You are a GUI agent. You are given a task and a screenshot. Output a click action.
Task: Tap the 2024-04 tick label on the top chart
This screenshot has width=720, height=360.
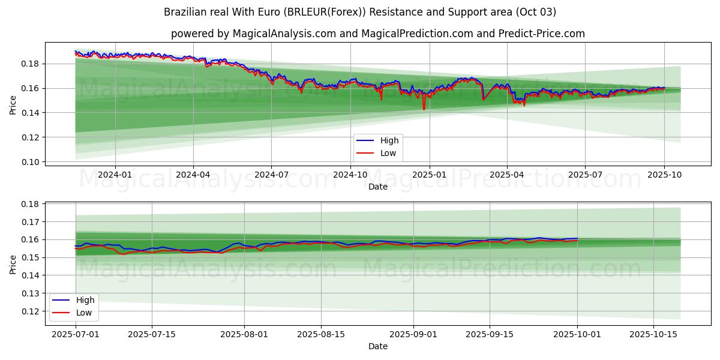click(x=193, y=175)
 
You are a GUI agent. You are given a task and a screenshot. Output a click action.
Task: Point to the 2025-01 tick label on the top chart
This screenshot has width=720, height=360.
click(x=429, y=175)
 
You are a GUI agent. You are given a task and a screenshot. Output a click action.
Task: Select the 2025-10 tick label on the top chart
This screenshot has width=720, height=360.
click(x=664, y=175)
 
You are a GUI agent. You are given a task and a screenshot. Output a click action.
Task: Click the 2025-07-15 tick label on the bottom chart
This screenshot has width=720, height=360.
click(x=151, y=334)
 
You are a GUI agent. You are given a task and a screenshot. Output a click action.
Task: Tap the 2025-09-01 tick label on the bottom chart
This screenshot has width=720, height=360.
click(x=413, y=334)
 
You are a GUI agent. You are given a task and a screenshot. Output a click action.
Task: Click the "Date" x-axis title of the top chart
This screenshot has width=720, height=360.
click(x=378, y=187)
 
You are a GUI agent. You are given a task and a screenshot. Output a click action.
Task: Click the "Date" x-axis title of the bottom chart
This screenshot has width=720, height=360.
click(x=378, y=346)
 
